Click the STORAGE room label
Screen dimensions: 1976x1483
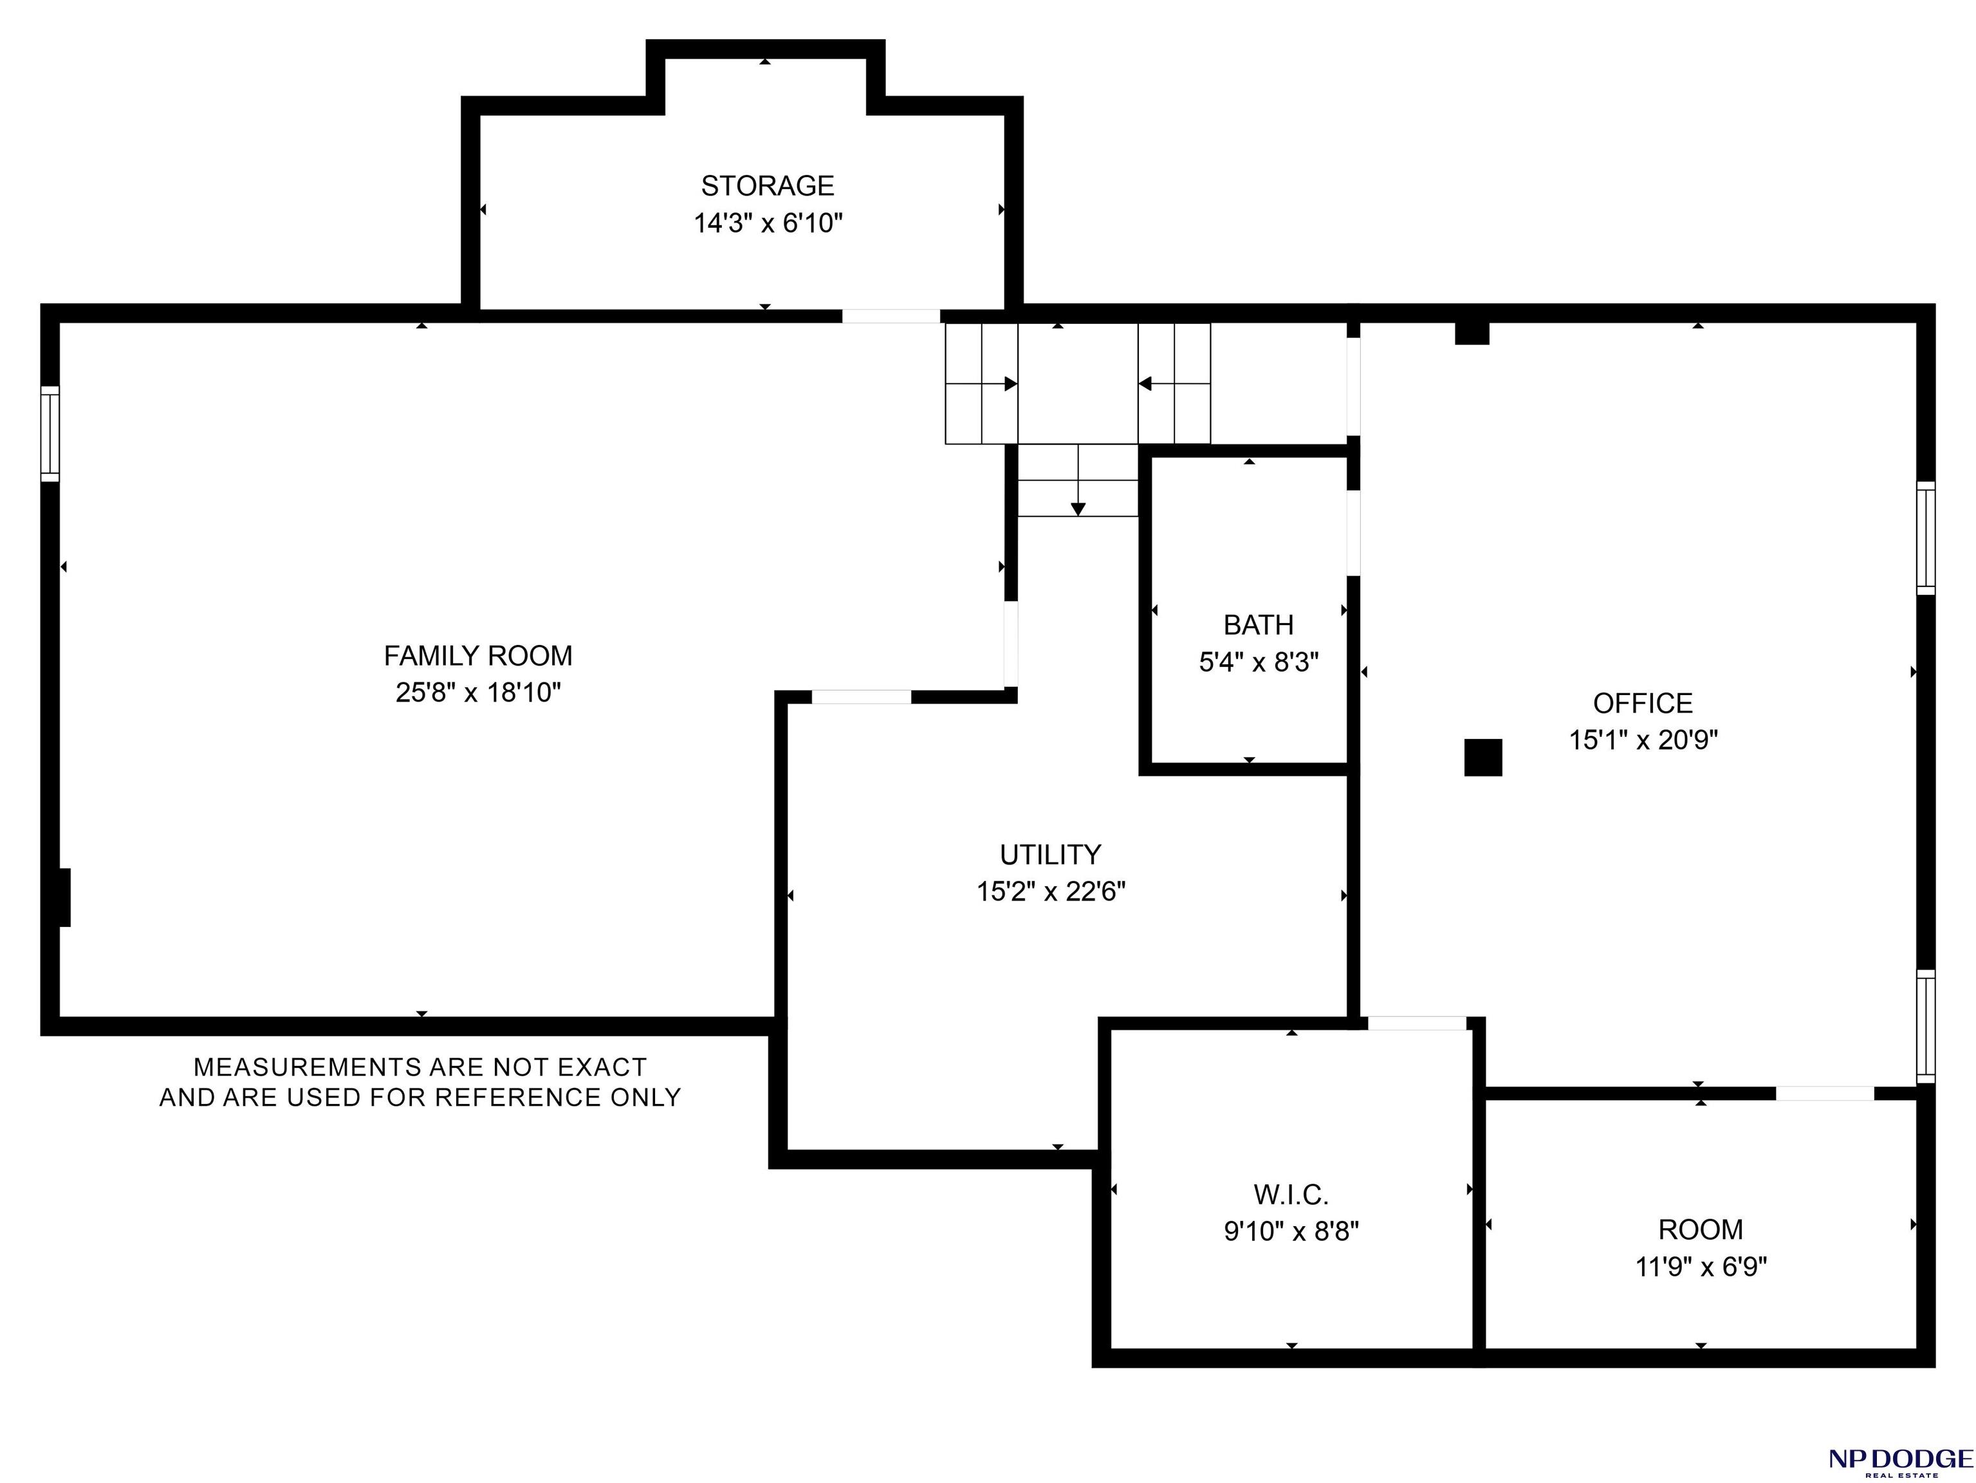768,186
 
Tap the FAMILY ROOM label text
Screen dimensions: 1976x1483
478,656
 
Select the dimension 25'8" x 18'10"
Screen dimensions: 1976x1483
478,693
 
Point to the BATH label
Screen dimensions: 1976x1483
1259,624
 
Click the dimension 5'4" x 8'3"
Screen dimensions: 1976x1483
1259,662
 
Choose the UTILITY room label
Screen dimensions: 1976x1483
1051,855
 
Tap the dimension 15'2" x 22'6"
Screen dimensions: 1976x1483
1051,891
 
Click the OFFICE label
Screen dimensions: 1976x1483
1643,703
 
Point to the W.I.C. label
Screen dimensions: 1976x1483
1291,1195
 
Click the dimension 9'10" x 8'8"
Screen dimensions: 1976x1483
1291,1231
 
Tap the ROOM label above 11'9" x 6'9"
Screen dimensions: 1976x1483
1701,1229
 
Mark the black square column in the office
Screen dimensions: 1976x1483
1483,758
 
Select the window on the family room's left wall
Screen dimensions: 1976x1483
50,434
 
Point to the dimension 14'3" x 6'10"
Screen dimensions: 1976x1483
768,223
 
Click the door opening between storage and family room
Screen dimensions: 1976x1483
891,315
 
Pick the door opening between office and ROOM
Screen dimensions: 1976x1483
1824,1094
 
